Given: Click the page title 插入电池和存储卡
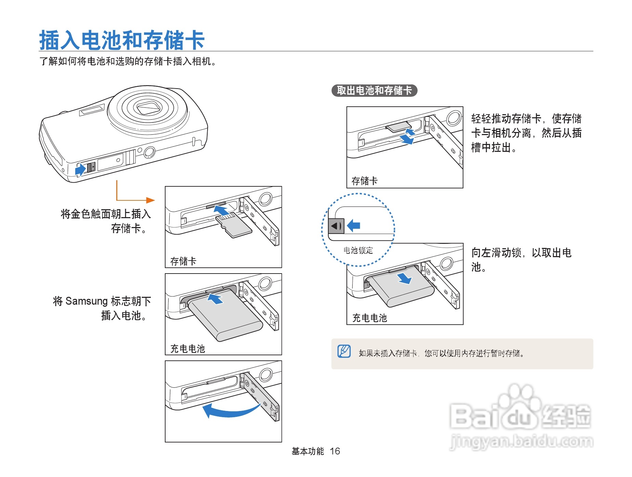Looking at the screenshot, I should (122, 40).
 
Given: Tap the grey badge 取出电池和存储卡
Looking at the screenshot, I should (374, 91).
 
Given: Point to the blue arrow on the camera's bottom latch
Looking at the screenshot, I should (80, 169).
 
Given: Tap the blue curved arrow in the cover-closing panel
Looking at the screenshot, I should (231, 410).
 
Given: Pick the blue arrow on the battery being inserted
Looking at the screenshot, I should (215, 299).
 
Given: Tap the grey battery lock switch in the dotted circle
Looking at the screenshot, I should (336, 226).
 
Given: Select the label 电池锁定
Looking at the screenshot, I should (358, 250).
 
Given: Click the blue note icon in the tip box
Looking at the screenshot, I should (344, 352).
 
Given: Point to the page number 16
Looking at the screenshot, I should (335, 451).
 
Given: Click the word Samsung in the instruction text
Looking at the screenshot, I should (87, 301).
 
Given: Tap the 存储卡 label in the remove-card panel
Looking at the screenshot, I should (365, 181).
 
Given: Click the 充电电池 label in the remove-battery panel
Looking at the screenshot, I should (370, 318).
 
